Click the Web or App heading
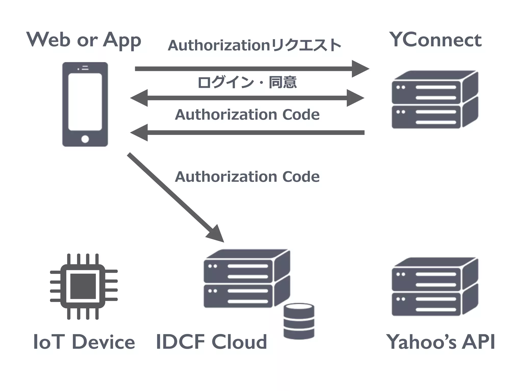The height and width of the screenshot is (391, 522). tap(84, 40)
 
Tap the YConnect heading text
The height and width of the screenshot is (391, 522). tap(435, 40)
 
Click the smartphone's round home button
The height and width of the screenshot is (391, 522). tap(85, 139)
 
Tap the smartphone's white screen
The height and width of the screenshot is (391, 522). tap(85, 102)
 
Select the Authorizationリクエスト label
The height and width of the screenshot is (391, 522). tap(254, 46)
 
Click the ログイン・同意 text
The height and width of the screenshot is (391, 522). tap(247, 82)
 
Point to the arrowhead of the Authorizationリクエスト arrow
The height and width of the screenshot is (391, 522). tap(360, 69)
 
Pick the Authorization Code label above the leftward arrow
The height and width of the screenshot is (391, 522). tap(247, 115)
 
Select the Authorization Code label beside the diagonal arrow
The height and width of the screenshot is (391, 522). tap(247, 177)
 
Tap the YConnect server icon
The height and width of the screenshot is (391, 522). tap(435, 100)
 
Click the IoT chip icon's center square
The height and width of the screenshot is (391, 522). tap(83, 286)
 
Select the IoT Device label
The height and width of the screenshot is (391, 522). tap(84, 342)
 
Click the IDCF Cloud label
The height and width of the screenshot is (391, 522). tap(211, 342)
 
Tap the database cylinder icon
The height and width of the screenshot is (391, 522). tap(299, 321)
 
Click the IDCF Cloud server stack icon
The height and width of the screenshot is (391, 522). tap(247, 279)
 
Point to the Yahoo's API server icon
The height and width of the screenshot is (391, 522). tap(435, 287)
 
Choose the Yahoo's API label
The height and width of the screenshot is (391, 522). tap(440, 342)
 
